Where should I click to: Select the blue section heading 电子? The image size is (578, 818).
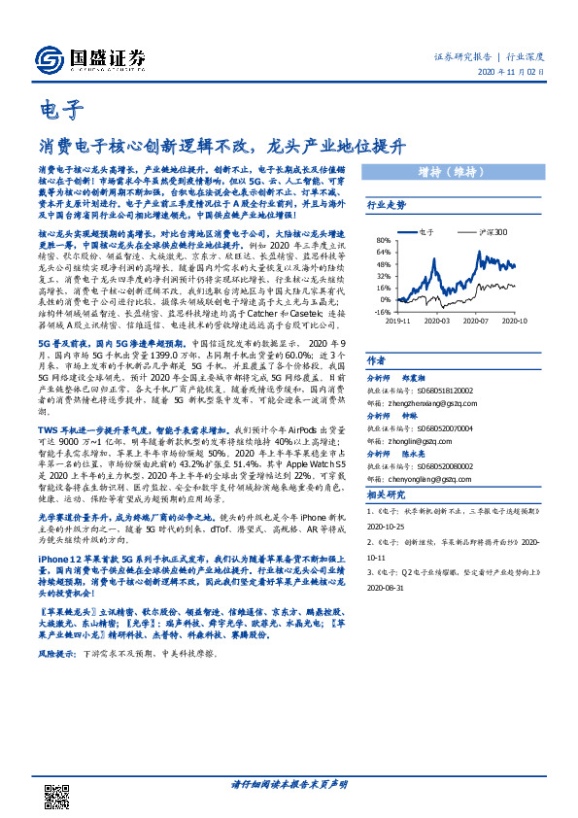pos(61,107)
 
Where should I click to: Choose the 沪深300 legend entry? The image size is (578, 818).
pos(489,234)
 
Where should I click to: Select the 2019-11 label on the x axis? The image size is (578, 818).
pos(397,320)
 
